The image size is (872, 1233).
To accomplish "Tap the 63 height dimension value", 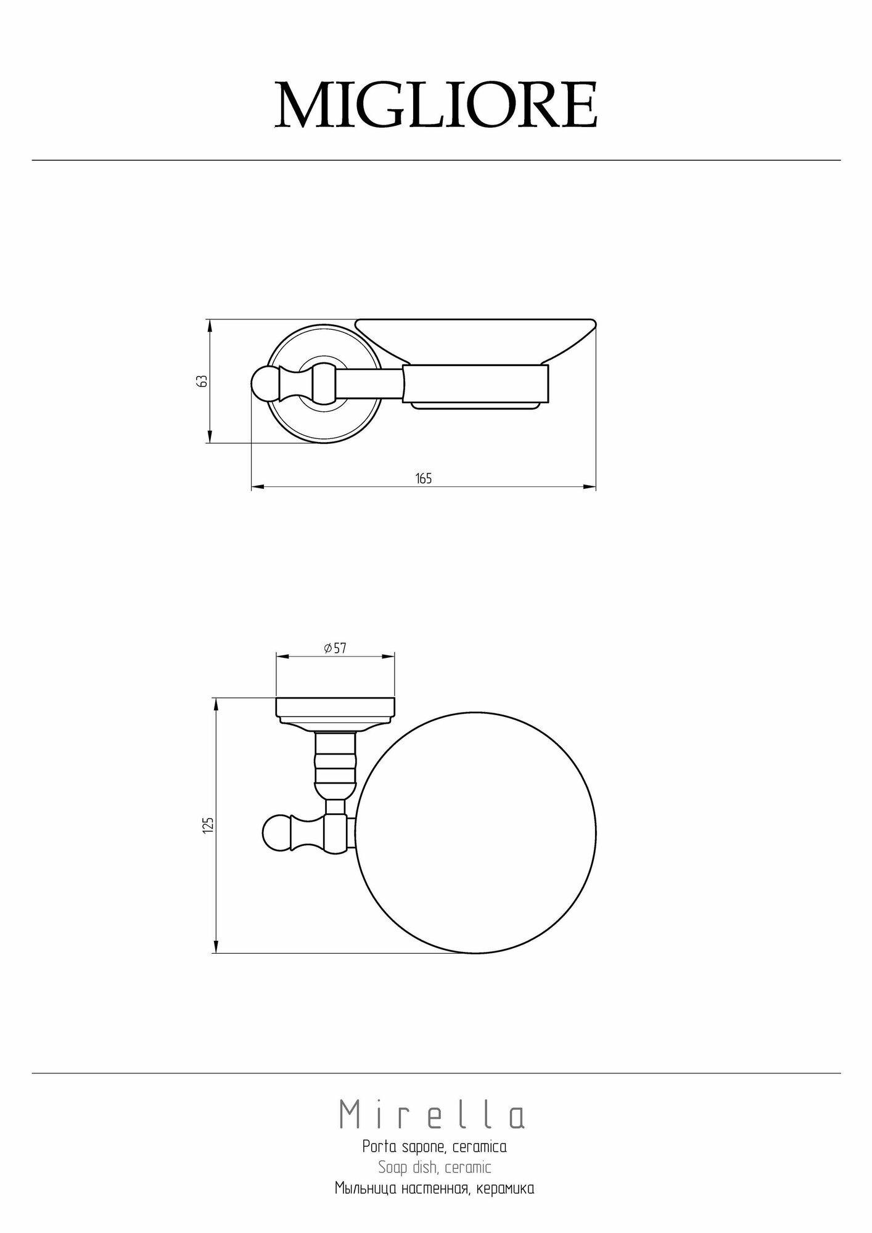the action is [201, 381].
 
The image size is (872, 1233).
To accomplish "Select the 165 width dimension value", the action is [424, 478].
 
